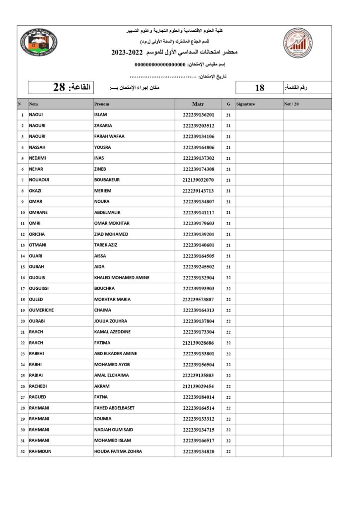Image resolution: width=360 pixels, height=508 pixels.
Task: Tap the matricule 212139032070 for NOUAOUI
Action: (198, 180)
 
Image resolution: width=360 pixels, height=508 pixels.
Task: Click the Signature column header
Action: (246, 104)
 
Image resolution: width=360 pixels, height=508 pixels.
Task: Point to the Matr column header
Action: (198, 104)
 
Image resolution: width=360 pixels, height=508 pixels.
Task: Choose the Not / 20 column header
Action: (291, 104)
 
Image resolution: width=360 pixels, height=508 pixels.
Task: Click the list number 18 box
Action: (259, 88)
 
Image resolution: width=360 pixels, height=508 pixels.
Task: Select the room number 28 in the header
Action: (59, 87)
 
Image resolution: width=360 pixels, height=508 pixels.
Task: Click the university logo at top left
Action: (39, 43)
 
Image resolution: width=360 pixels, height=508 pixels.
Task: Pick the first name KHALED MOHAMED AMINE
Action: (122, 278)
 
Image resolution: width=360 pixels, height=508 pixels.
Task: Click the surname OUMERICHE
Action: (41, 310)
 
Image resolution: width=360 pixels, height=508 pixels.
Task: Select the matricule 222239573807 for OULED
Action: (198, 300)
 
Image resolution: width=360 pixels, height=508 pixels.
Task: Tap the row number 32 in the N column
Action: (22, 451)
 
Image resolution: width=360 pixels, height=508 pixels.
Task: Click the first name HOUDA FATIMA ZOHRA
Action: (118, 451)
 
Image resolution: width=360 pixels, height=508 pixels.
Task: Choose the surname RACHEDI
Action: (39, 386)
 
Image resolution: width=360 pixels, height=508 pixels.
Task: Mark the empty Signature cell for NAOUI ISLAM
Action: (259, 115)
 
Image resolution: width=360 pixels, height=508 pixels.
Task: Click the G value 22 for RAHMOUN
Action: (228, 451)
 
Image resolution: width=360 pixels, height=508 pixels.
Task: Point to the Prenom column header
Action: (102, 104)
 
